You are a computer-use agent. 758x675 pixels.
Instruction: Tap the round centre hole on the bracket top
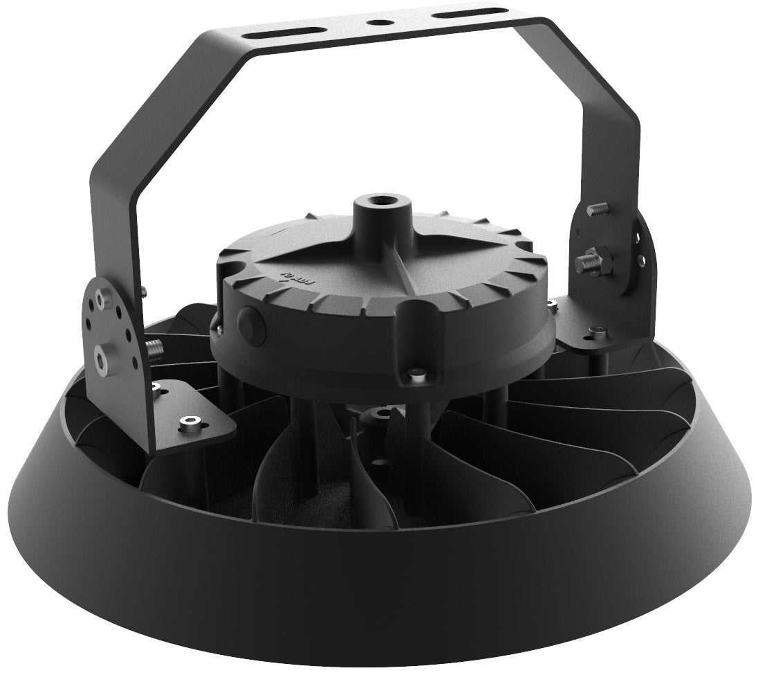(378, 21)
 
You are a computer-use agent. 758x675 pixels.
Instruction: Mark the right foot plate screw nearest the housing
(555, 303)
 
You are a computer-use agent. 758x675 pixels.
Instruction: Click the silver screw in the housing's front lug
(415, 375)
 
